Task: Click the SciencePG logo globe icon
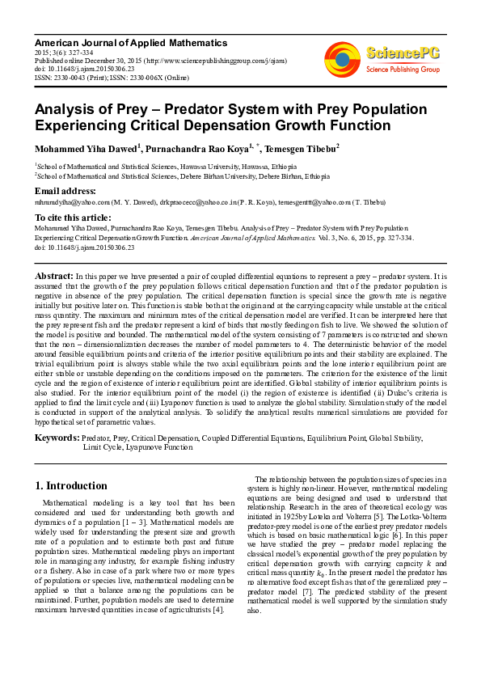click(342, 58)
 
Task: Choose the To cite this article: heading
click(73, 218)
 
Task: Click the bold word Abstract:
click(54, 276)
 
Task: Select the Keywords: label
click(57, 438)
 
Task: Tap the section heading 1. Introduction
click(72, 486)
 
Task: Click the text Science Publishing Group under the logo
click(403, 70)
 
